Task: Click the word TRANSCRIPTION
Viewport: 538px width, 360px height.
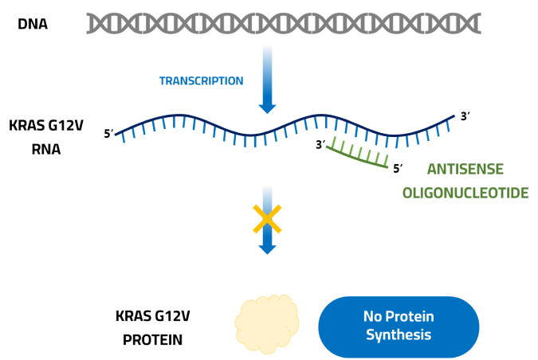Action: tap(201, 81)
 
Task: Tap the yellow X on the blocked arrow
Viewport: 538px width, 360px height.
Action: tap(267, 219)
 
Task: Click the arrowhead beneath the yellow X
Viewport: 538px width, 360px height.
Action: tap(267, 248)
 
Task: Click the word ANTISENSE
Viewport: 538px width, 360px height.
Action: tap(465, 169)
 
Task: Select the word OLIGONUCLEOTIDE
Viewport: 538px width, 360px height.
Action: tap(465, 194)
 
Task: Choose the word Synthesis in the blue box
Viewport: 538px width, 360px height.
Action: tap(399, 335)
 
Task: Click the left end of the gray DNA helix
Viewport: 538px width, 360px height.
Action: tap(88, 24)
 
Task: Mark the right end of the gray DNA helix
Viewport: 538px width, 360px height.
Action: tap(480, 24)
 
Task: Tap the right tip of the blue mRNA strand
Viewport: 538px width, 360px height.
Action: tap(454, 117)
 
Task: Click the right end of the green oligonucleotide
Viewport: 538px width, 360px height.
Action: tap(388, 165)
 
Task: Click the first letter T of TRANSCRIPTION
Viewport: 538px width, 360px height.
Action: tap(162, 81)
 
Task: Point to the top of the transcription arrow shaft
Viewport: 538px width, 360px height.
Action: tap(267, 48)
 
